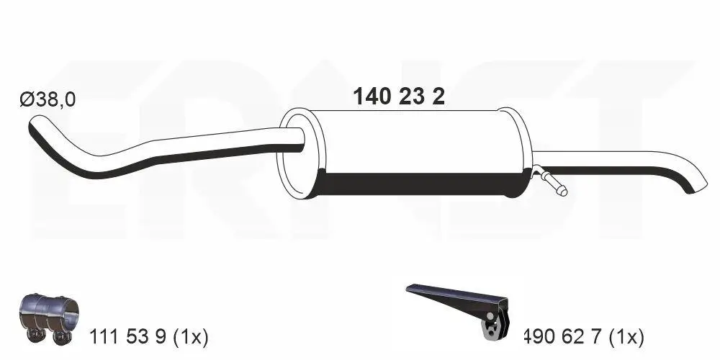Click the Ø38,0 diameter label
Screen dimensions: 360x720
48,100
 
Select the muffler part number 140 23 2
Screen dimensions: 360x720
398,97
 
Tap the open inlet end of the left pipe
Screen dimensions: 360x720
33,128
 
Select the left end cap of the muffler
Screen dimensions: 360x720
297,154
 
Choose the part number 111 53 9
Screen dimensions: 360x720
129,336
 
